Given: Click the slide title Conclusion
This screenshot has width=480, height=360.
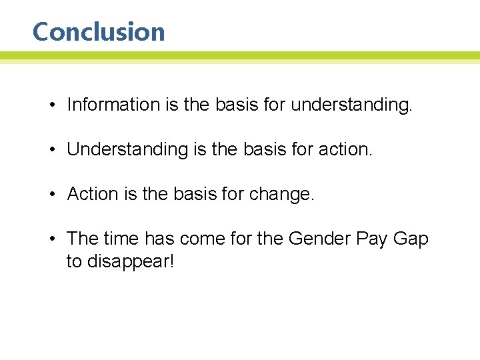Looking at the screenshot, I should [x=99, y=31].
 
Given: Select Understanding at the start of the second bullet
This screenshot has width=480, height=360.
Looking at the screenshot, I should [x=128, y=150].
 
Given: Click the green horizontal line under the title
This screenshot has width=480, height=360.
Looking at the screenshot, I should [x=240, y=56].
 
